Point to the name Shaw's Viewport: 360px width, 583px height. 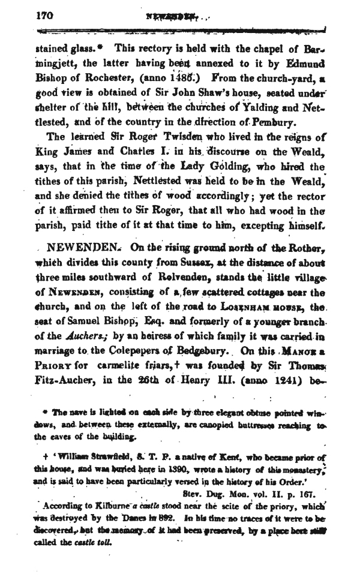pos(187,91)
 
